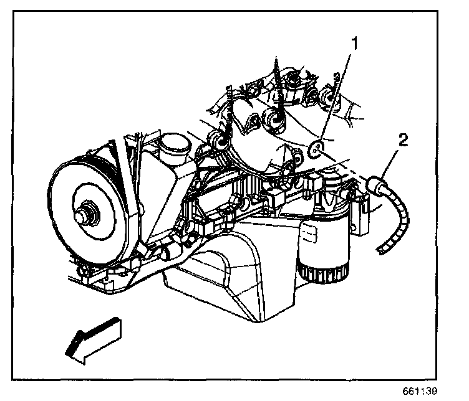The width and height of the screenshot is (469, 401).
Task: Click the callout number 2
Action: [404, 139]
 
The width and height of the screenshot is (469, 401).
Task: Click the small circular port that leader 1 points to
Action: [316, 148]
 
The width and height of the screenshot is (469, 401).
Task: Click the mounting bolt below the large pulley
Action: [82, 269]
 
